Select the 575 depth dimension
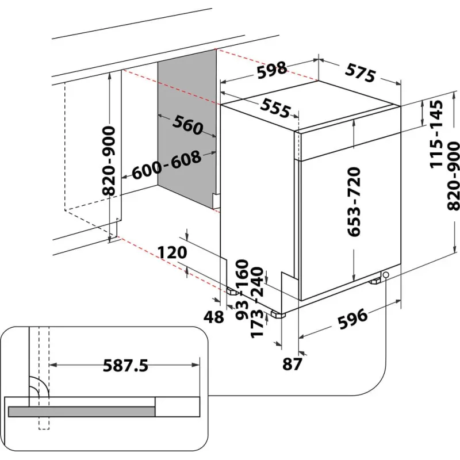361,73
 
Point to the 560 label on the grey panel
187,125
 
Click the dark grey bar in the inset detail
82,411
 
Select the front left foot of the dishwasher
280,315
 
